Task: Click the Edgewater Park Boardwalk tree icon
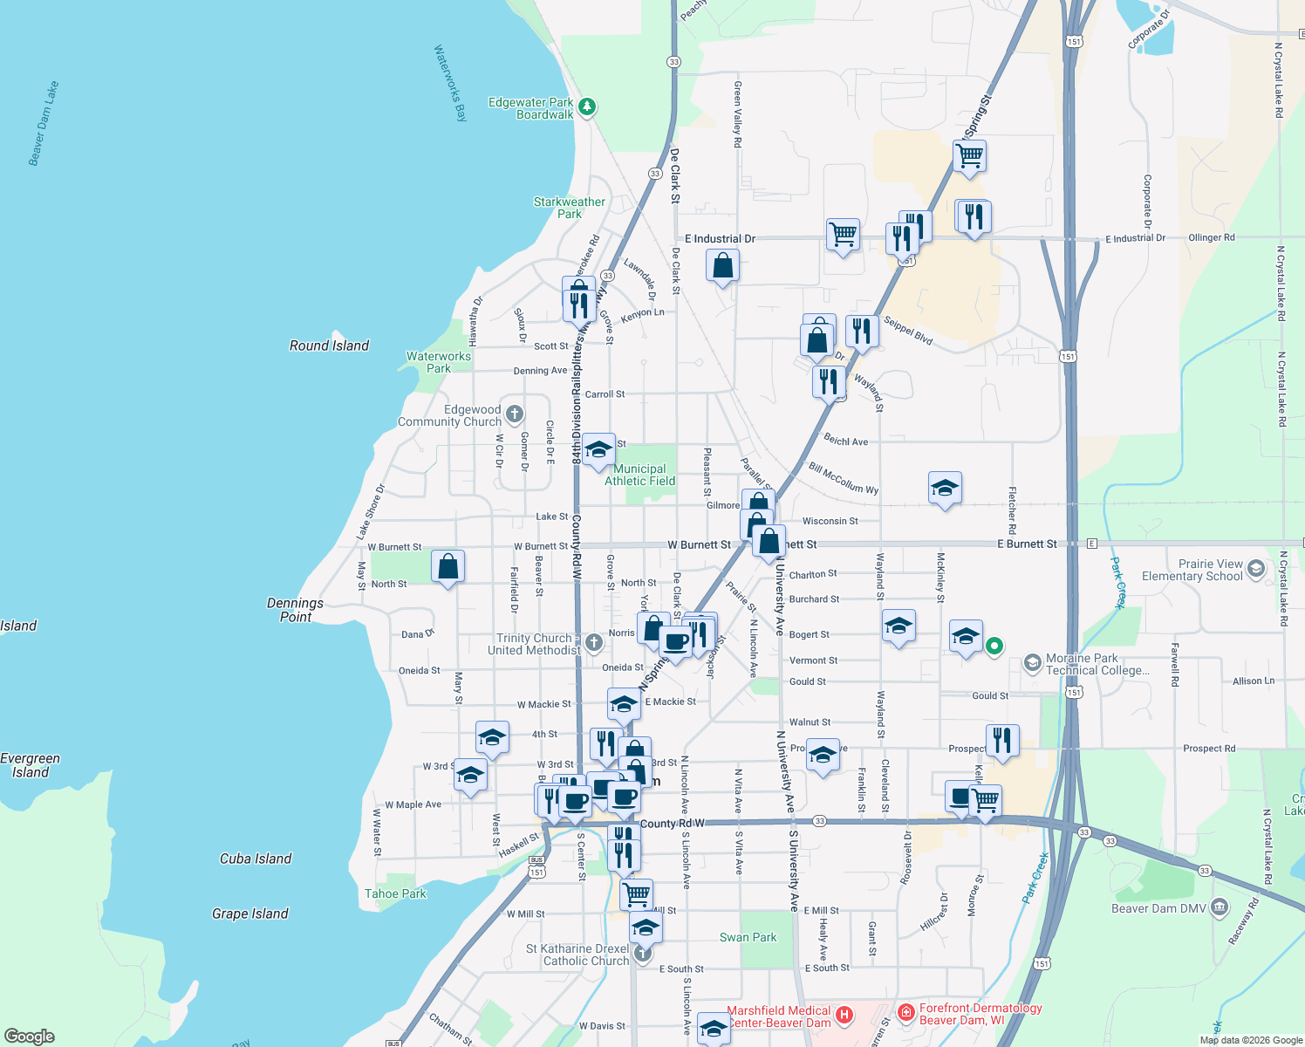tap(588, 107)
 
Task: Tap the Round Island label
tap(329, 346)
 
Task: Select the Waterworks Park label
tap(438, 362)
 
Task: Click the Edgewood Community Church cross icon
tap(515, 414)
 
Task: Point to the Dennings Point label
tap(295, 610)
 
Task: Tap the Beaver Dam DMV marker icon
tap(1220, 908)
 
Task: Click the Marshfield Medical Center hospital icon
tap(844, 1015)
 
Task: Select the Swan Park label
tap(748, 937)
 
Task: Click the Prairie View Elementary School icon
tap(1255, 569)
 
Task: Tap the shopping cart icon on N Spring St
tap(969, 156)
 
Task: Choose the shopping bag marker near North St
tap(448, 566)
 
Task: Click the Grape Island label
tap(249, 914)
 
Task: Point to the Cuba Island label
tap(256, 859)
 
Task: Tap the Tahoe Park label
tap(395, 893)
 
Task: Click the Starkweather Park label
tap(569, 208)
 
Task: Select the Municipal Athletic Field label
tap(639, 475)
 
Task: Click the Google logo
tap(30, 1036)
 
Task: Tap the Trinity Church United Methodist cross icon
tap(594, 644)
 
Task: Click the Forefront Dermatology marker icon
tap(906, 1013)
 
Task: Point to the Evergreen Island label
tap(31, 765)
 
